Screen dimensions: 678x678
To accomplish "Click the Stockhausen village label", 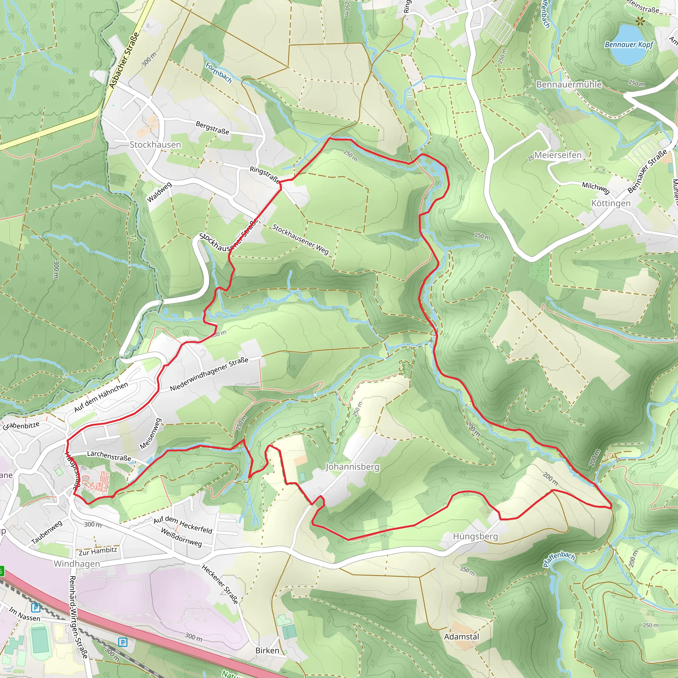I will coord(155,145).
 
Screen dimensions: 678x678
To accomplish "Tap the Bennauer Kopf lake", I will coord(628,44).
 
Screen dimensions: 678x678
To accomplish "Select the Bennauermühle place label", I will coord(568,84).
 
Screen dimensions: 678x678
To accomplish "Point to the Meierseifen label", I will coord(557,155).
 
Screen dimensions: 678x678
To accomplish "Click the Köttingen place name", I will coord(610,204).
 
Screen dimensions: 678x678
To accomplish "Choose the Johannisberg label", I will coord(352,467).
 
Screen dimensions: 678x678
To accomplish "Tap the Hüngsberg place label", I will coord(475,536).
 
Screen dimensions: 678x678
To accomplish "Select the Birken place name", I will coord(267,650).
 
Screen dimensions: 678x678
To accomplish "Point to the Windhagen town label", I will coord(76,563).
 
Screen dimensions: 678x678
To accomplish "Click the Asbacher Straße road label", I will coord(123,60).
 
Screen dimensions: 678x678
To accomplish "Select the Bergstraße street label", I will coord(212,128).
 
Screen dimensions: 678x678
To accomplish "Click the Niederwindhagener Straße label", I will coord(209,374).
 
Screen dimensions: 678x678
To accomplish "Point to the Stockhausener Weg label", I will coord(300,240).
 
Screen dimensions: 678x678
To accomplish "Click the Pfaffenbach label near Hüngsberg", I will coord(559,559).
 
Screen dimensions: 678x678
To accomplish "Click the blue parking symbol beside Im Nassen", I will coord(35,607).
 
